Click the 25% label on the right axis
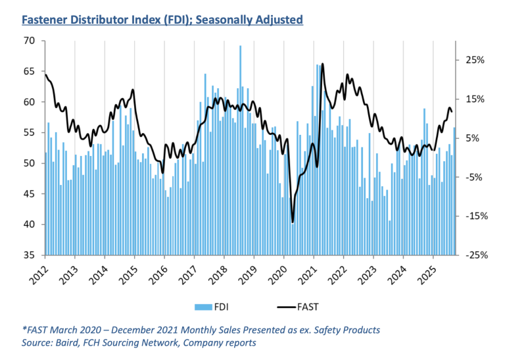click(x=475, y=60)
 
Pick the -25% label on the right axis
click(x=473, y=255)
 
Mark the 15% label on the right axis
click(x=475, y=99)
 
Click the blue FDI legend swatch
click(x=202, y=307)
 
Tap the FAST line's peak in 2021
click(x=322, y=64)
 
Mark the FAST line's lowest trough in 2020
click(x=292, y=222)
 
